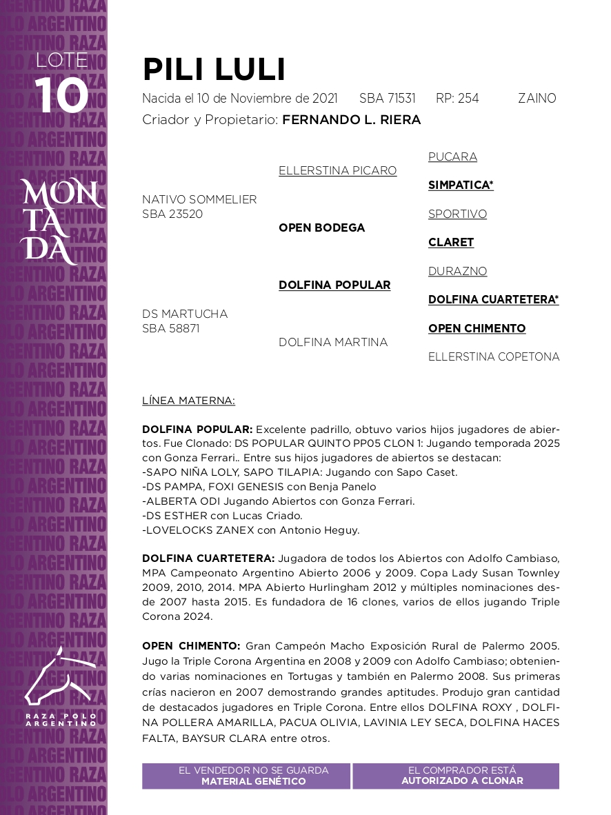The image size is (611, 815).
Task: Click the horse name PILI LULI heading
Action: [x=214, y=70]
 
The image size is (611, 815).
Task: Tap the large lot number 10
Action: [x=62, y=95]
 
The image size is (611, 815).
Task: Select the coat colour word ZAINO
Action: [x=537, y=99]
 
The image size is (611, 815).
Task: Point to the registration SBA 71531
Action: [x=387, y=99]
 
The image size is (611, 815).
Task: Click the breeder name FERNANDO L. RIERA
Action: [x=351, y=120]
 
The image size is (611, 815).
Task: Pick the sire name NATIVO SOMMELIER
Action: [x=199, y=199]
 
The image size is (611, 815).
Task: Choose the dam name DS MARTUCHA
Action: [x=185, y=314]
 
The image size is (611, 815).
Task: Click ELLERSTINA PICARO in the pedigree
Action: [x=337, y=170]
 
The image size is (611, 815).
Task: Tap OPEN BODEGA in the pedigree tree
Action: [x=321, y=228]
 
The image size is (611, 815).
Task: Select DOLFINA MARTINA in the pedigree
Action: [x=333, y=342]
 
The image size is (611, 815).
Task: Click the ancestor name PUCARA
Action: [x=452, y=157]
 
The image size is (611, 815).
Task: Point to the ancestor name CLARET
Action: [x=451, y=242]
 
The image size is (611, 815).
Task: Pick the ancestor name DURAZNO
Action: [x=457, y=271]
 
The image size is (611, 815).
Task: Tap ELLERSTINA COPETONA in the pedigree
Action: [x=494, y=356]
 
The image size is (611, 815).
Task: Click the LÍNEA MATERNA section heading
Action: [x=188, y=400]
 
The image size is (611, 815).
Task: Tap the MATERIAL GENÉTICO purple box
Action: [x=246, y=776]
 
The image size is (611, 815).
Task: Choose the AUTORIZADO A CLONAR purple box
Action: [x=456, y=776]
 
